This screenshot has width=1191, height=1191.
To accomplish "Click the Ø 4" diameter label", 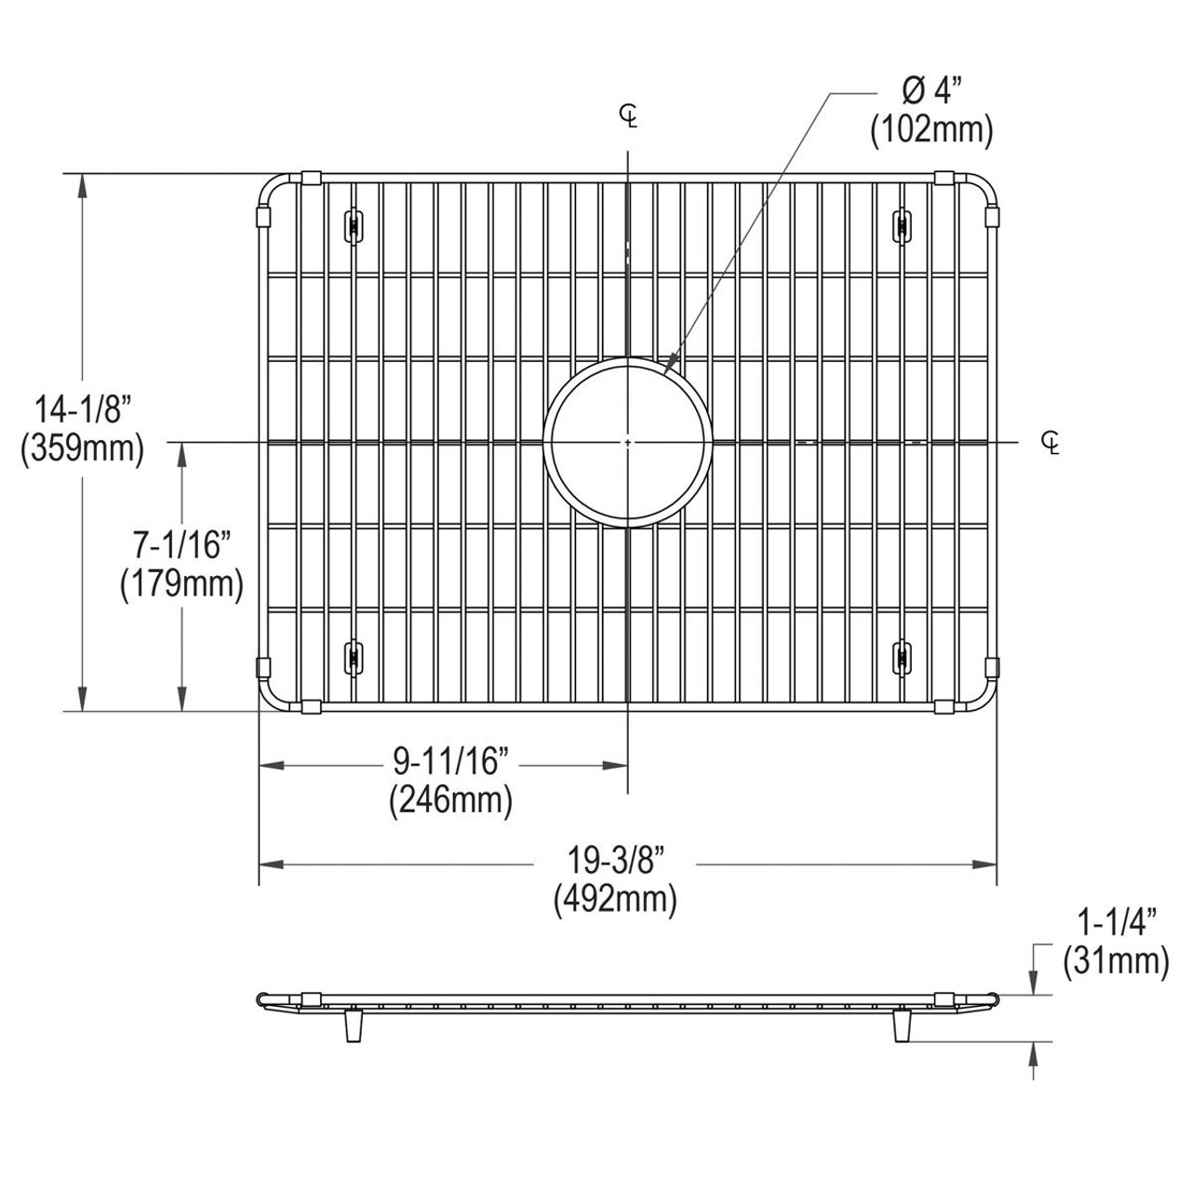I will coord(930,92).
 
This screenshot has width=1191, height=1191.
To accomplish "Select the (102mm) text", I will coord(931,130).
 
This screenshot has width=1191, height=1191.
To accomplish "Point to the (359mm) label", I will coord(82,449).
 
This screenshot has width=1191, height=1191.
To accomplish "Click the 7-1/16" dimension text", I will coord(181,544).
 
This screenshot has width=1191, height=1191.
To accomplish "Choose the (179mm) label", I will coord(181,584).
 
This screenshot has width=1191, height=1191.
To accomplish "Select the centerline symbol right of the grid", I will coord(1050,443).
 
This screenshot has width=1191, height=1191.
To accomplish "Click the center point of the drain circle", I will coord(629,441).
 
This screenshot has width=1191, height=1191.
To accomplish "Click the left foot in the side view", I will coord(353,1025).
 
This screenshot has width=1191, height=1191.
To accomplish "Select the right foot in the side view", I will coord(901,1025).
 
